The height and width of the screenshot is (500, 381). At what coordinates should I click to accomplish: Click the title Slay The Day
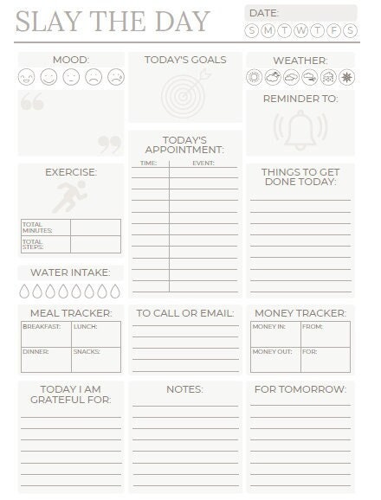(x=113, y=21)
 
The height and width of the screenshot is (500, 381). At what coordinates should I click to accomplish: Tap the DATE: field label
(x=264, y=13)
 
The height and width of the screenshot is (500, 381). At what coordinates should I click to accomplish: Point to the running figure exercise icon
(x=70, y=196)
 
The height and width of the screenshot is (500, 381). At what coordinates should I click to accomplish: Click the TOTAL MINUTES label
(x=37, y=227)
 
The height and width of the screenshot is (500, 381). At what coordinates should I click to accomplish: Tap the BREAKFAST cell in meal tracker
(x=46, y=334)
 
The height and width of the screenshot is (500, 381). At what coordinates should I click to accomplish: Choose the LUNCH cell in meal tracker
(x=96, y=334)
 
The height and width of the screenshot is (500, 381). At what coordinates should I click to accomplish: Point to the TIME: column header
(x=148, y=163)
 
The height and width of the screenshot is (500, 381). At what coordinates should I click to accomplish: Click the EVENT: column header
(x=203, y=163)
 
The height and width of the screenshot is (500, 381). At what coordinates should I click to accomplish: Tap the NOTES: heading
(x=184, y=389)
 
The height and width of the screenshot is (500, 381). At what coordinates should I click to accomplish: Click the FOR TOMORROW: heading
(x=300, y=389)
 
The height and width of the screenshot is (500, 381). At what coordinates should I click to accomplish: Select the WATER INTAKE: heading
(x=70, y=272)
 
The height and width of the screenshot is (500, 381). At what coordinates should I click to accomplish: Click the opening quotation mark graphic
(x=32, y=102)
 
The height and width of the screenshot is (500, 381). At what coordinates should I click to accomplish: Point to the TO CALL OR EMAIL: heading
(x=185, y=312)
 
